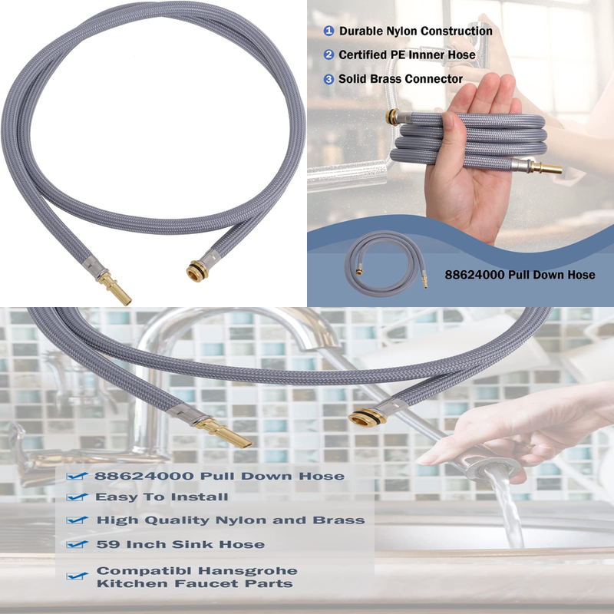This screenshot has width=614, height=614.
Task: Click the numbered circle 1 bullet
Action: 329,31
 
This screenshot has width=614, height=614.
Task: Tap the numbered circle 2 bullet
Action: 329,55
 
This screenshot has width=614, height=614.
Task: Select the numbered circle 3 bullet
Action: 329,79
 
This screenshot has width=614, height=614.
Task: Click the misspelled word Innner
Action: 434,55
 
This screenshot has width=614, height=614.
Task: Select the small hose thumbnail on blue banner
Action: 385,266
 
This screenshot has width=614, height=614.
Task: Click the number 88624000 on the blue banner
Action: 475,275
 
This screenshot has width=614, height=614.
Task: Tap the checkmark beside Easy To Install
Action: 77,498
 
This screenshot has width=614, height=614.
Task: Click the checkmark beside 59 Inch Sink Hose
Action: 77,545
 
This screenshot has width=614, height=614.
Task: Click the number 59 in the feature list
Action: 106,544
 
